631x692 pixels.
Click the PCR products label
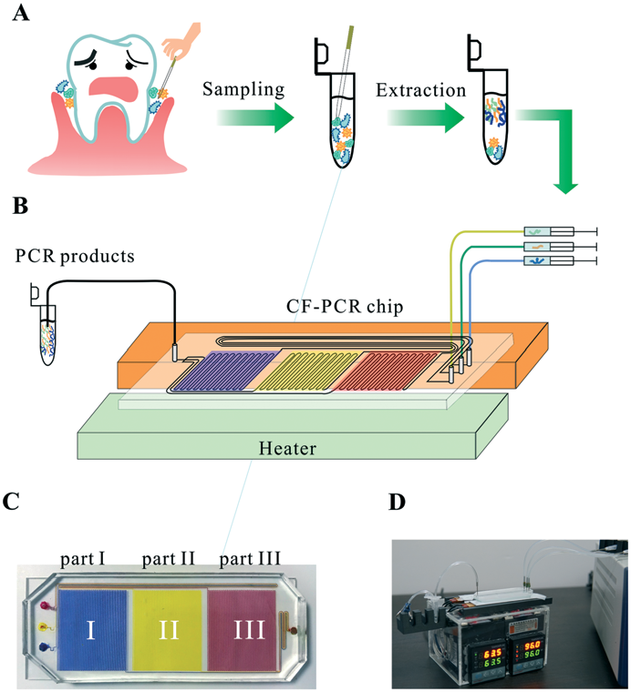[x=75, y=256]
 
